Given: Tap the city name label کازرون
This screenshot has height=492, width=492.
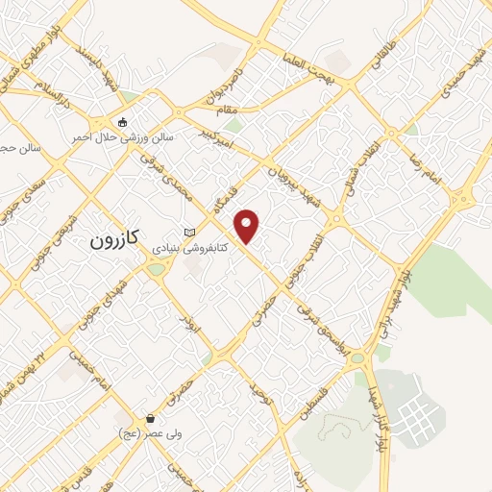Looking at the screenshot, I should point(115,240).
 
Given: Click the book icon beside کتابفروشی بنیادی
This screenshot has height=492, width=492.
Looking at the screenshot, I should point(189,233).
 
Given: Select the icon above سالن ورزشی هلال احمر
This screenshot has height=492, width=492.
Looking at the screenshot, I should point(122,122).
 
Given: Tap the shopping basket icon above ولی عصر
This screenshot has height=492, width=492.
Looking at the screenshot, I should point(151,419).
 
